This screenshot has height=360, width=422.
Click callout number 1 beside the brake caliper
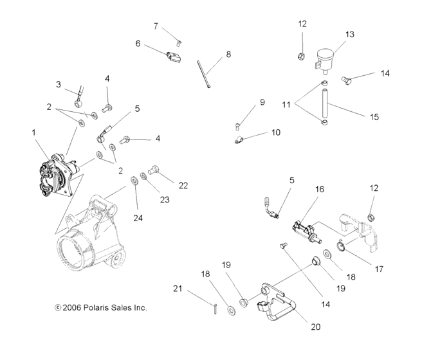33,132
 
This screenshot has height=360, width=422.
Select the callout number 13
349,35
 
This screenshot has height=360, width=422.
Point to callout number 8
228,55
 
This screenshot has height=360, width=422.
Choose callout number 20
315,327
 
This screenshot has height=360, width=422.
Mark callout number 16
319,190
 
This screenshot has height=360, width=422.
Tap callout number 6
138,44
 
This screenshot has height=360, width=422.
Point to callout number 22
183,186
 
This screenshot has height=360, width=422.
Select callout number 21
178,289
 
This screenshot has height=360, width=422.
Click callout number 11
286,104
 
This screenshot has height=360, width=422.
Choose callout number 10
275,132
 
